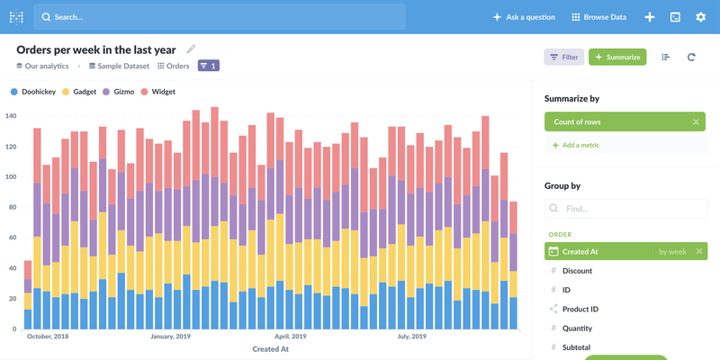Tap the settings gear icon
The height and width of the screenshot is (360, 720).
(701, 17)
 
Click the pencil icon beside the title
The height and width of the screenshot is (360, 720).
(191, 49)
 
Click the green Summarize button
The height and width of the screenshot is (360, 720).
(617, 57)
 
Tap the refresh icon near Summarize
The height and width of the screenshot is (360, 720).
(691, 57)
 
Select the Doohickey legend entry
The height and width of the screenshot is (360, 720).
(36, 92)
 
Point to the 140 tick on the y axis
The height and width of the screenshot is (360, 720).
(12, 116)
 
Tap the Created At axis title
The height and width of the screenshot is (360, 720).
(271, 349)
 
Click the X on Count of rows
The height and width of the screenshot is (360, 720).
(696, 121)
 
